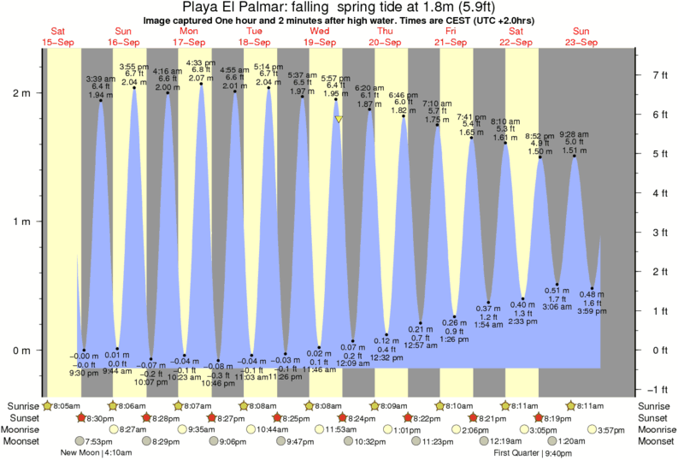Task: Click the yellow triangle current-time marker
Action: click(x=339, y=120)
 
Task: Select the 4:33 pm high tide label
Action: click(x=201, y=62)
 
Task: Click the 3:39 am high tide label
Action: click(x=100, y=80)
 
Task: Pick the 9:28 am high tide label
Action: click(x=575, y=134)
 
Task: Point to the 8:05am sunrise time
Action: click(x=68, y=405)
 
